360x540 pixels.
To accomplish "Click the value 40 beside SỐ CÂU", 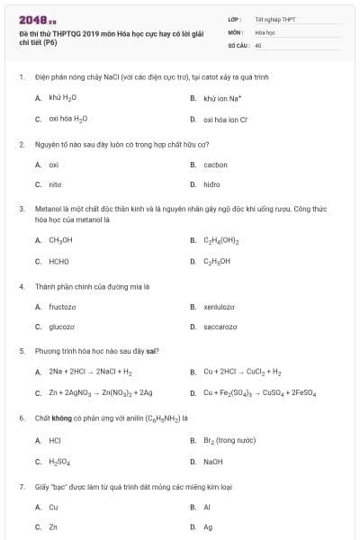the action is tap(258, 44).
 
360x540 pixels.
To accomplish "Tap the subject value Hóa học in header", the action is tap(264, 31).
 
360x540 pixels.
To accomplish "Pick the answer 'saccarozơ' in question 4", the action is tap(221, 328).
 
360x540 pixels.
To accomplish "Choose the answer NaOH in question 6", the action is tap(214, 462).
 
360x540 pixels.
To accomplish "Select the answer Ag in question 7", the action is tap(209, 527).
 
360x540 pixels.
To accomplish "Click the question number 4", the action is tap(21, 286).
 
